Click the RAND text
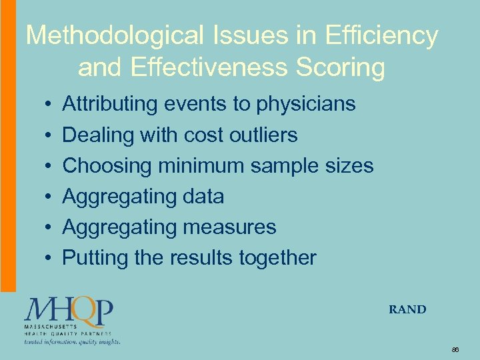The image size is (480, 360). pyautogui.click(x=407, y=309)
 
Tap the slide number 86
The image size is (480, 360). pyautogui.click(x=455, y=349)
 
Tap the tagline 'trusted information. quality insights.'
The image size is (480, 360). pyautogui.click(x=72, y=341)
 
